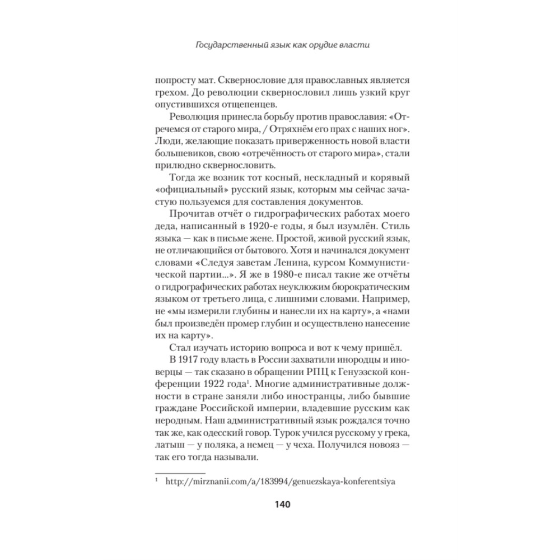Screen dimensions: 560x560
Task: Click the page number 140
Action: (281, 505)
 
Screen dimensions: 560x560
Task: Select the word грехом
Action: (169, 92)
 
